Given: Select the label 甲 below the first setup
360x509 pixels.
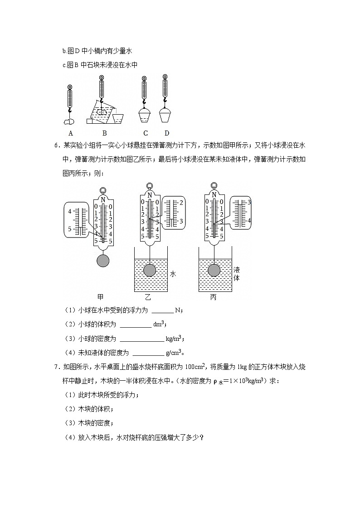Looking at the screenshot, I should click(x=101, y=297).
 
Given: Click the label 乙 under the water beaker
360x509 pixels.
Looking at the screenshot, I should click(x=148, y=297).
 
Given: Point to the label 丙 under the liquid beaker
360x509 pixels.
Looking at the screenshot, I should click(x=213, y=297).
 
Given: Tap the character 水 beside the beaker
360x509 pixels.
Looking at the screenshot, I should click(x=173, y=274).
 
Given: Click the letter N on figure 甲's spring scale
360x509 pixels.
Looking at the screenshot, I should click(x=103, y=200).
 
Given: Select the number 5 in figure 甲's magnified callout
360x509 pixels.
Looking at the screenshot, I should click(x=69, y=229).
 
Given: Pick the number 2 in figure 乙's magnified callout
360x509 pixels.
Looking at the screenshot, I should click(x=181, y=202).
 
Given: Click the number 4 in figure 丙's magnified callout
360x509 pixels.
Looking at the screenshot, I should click(x=249, y=220).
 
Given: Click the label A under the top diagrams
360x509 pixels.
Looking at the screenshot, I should click(x=70, y=133).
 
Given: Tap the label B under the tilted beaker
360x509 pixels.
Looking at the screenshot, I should click(x=104, y=133).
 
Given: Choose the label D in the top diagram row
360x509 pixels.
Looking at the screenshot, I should click(x=166, y=133).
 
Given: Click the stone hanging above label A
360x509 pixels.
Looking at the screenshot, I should click(x=68, y=121).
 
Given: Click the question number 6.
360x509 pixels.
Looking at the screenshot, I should click(x=56, y=145).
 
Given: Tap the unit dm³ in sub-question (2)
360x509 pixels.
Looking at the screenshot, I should click(x=159, y=324).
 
